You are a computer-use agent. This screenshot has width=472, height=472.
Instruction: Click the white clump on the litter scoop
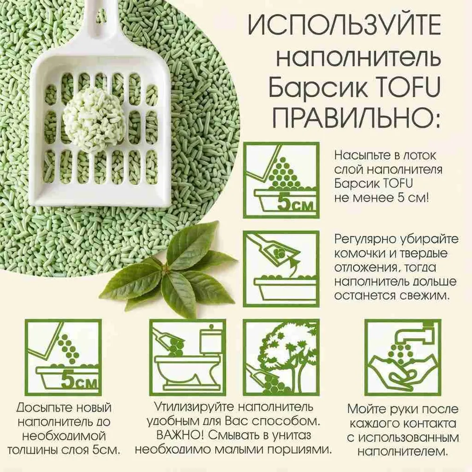click(94, 120)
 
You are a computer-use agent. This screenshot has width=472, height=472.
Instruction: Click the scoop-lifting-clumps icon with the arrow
click(281, 269)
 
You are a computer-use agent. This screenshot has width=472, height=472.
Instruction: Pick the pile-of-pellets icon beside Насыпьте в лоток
click(281, 180)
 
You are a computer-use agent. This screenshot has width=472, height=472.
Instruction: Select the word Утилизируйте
click(194, 407)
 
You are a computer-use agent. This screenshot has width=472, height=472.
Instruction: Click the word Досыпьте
click(44, 408)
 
